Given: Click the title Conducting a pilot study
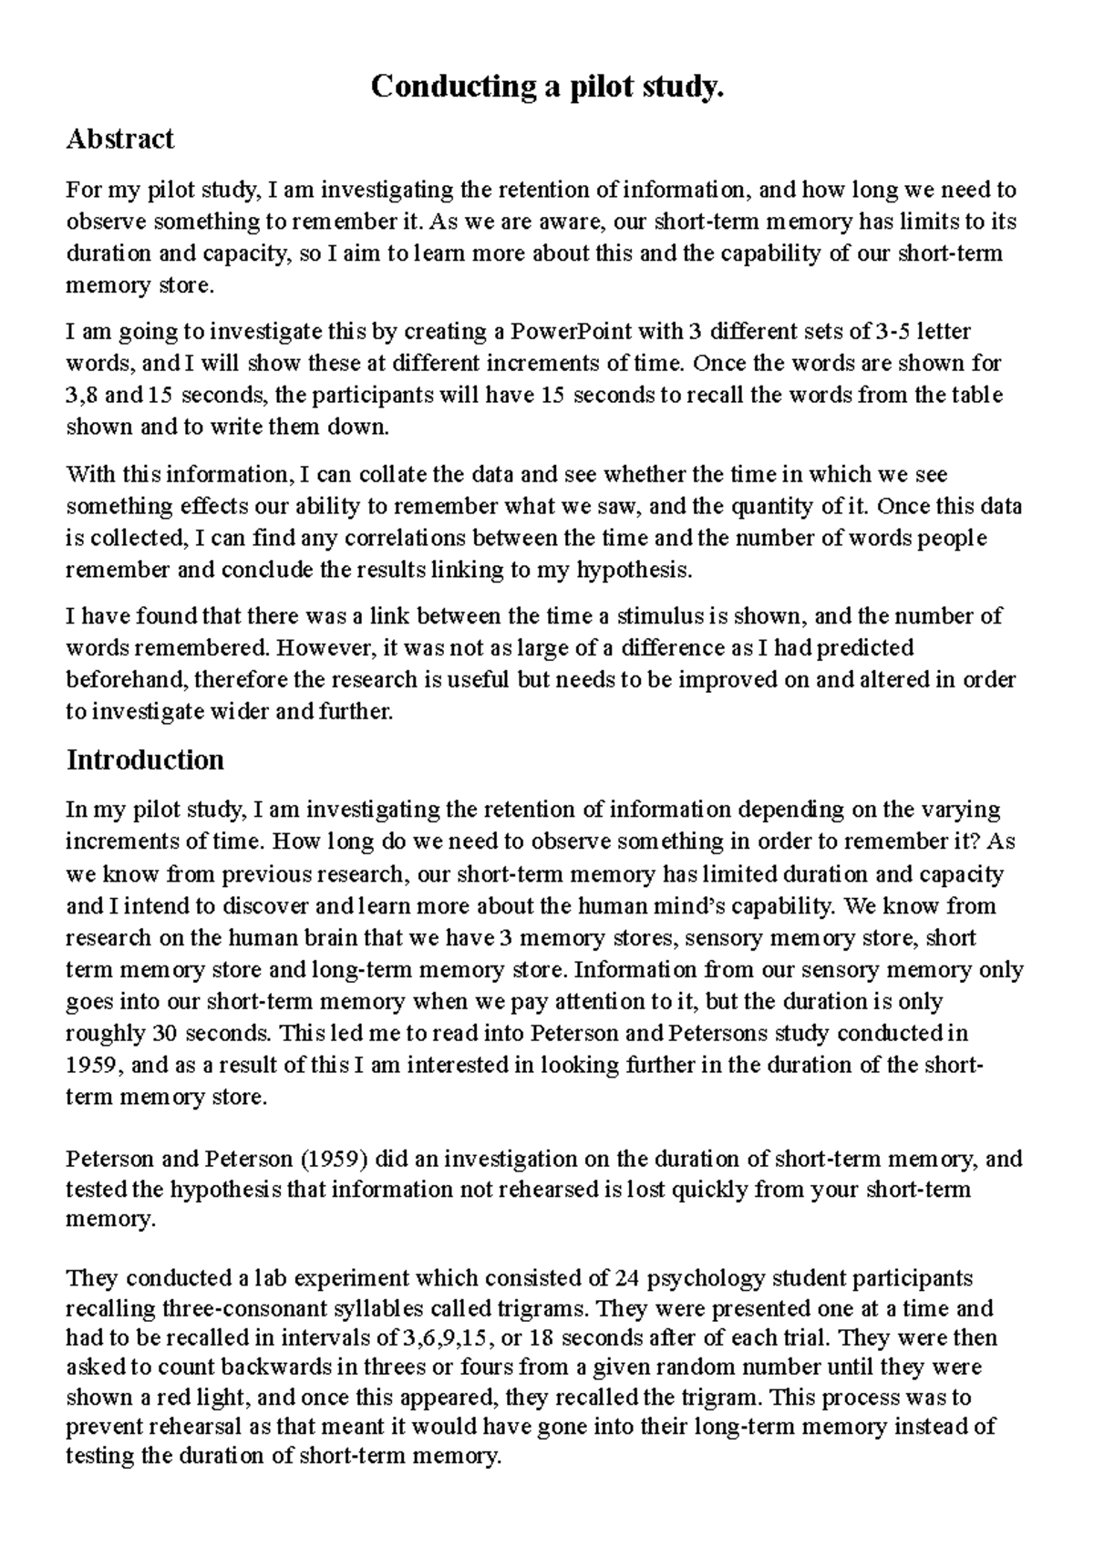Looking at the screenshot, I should [547, 88].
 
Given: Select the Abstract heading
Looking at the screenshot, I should [119, 139].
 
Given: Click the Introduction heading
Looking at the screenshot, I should [145, 759].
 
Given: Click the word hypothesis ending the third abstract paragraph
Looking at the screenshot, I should [634, 571].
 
